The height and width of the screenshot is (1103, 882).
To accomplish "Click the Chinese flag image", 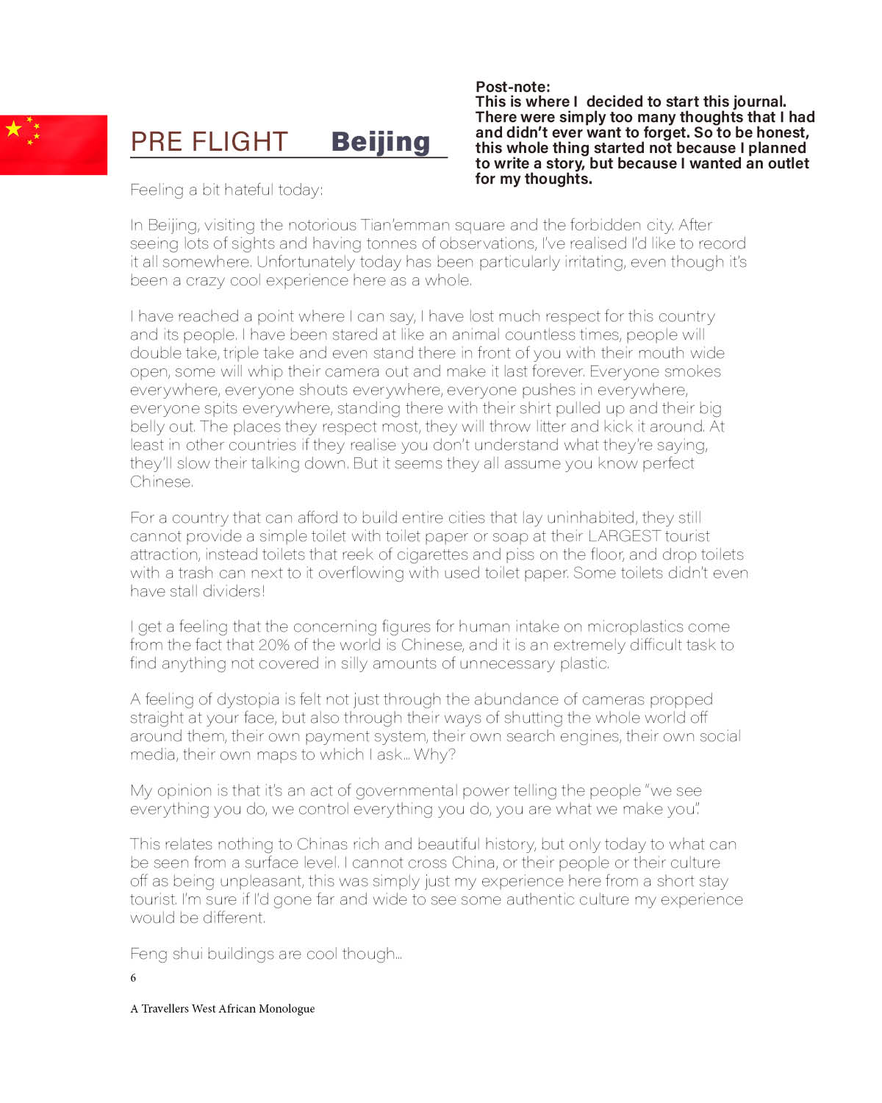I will (53, 145).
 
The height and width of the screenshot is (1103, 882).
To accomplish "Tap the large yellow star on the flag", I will (14, 129).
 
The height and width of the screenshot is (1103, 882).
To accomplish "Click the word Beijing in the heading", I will (380, 141).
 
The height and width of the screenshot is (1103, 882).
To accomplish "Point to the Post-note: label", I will (512, 87).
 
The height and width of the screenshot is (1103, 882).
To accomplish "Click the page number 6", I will (133, 978).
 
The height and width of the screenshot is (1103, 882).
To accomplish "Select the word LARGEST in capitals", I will (624, 536).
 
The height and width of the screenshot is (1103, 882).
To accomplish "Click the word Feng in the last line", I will (148, 954).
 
